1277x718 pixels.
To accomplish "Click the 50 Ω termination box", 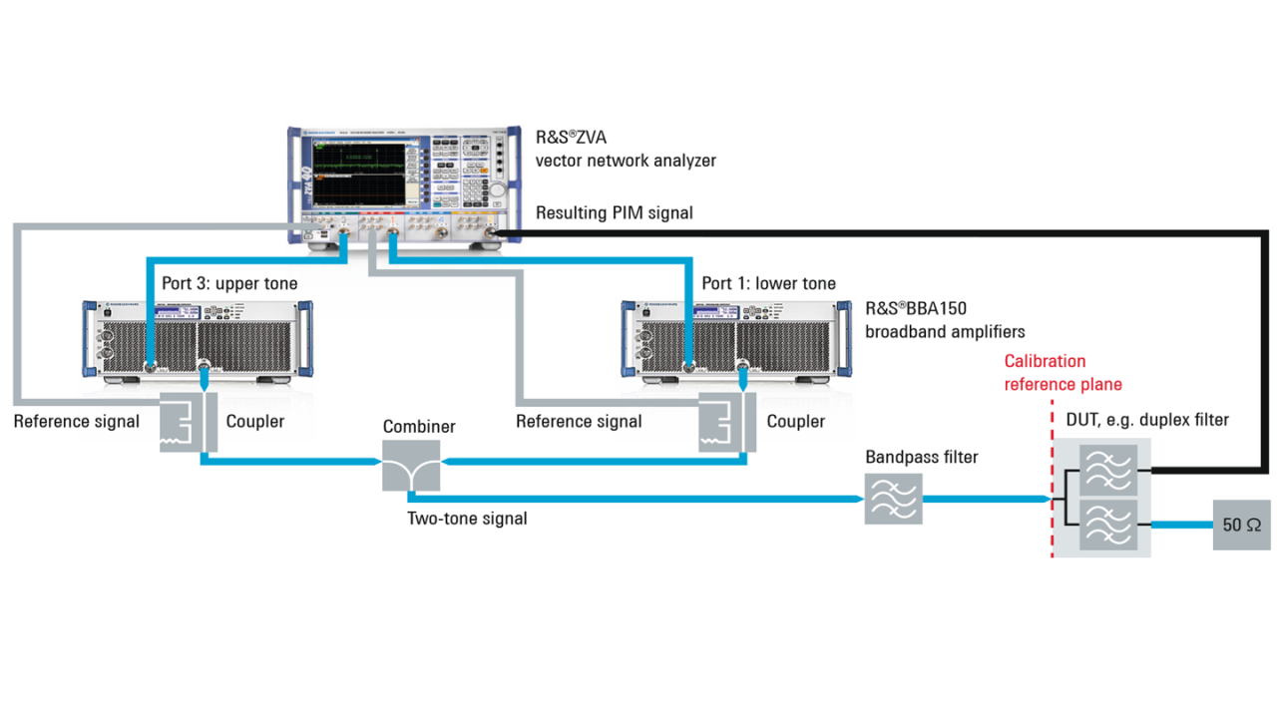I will (1241, 524).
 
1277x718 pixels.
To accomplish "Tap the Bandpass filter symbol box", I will (893, 499).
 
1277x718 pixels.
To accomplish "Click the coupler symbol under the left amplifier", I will (188, 423).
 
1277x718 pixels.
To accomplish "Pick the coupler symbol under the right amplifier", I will (727, 423).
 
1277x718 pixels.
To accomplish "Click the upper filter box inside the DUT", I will (1108, 470).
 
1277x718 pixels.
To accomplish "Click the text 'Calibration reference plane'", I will (1063, 373).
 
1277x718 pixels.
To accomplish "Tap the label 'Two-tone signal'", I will (467, 519).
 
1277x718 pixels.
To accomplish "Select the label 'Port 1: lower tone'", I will (768, 284).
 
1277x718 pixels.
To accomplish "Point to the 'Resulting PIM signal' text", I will (614, 212).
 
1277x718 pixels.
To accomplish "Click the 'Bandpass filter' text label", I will (922, 458).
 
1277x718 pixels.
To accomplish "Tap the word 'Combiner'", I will (419, 427).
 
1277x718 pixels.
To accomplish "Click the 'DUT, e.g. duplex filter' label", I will (1147, 420).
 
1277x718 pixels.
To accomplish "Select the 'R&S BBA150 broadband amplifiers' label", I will (944, 319).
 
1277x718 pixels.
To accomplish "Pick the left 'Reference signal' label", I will (77, 422).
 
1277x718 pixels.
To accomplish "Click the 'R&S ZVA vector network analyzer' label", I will (626, 149).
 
